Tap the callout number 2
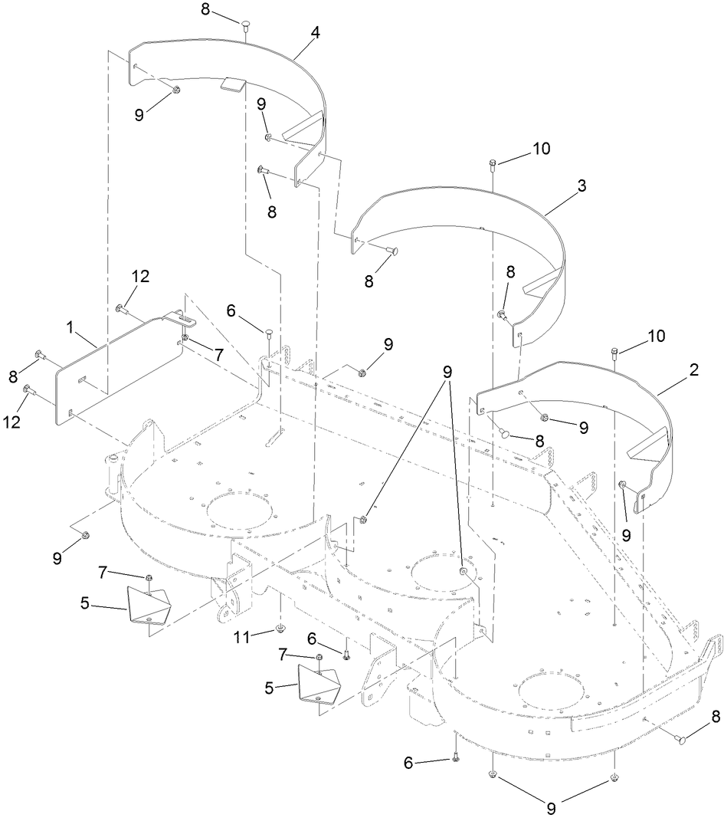[693, 369]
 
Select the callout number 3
[582, 186]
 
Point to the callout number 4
[315, 34]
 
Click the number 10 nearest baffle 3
[542, 148]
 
